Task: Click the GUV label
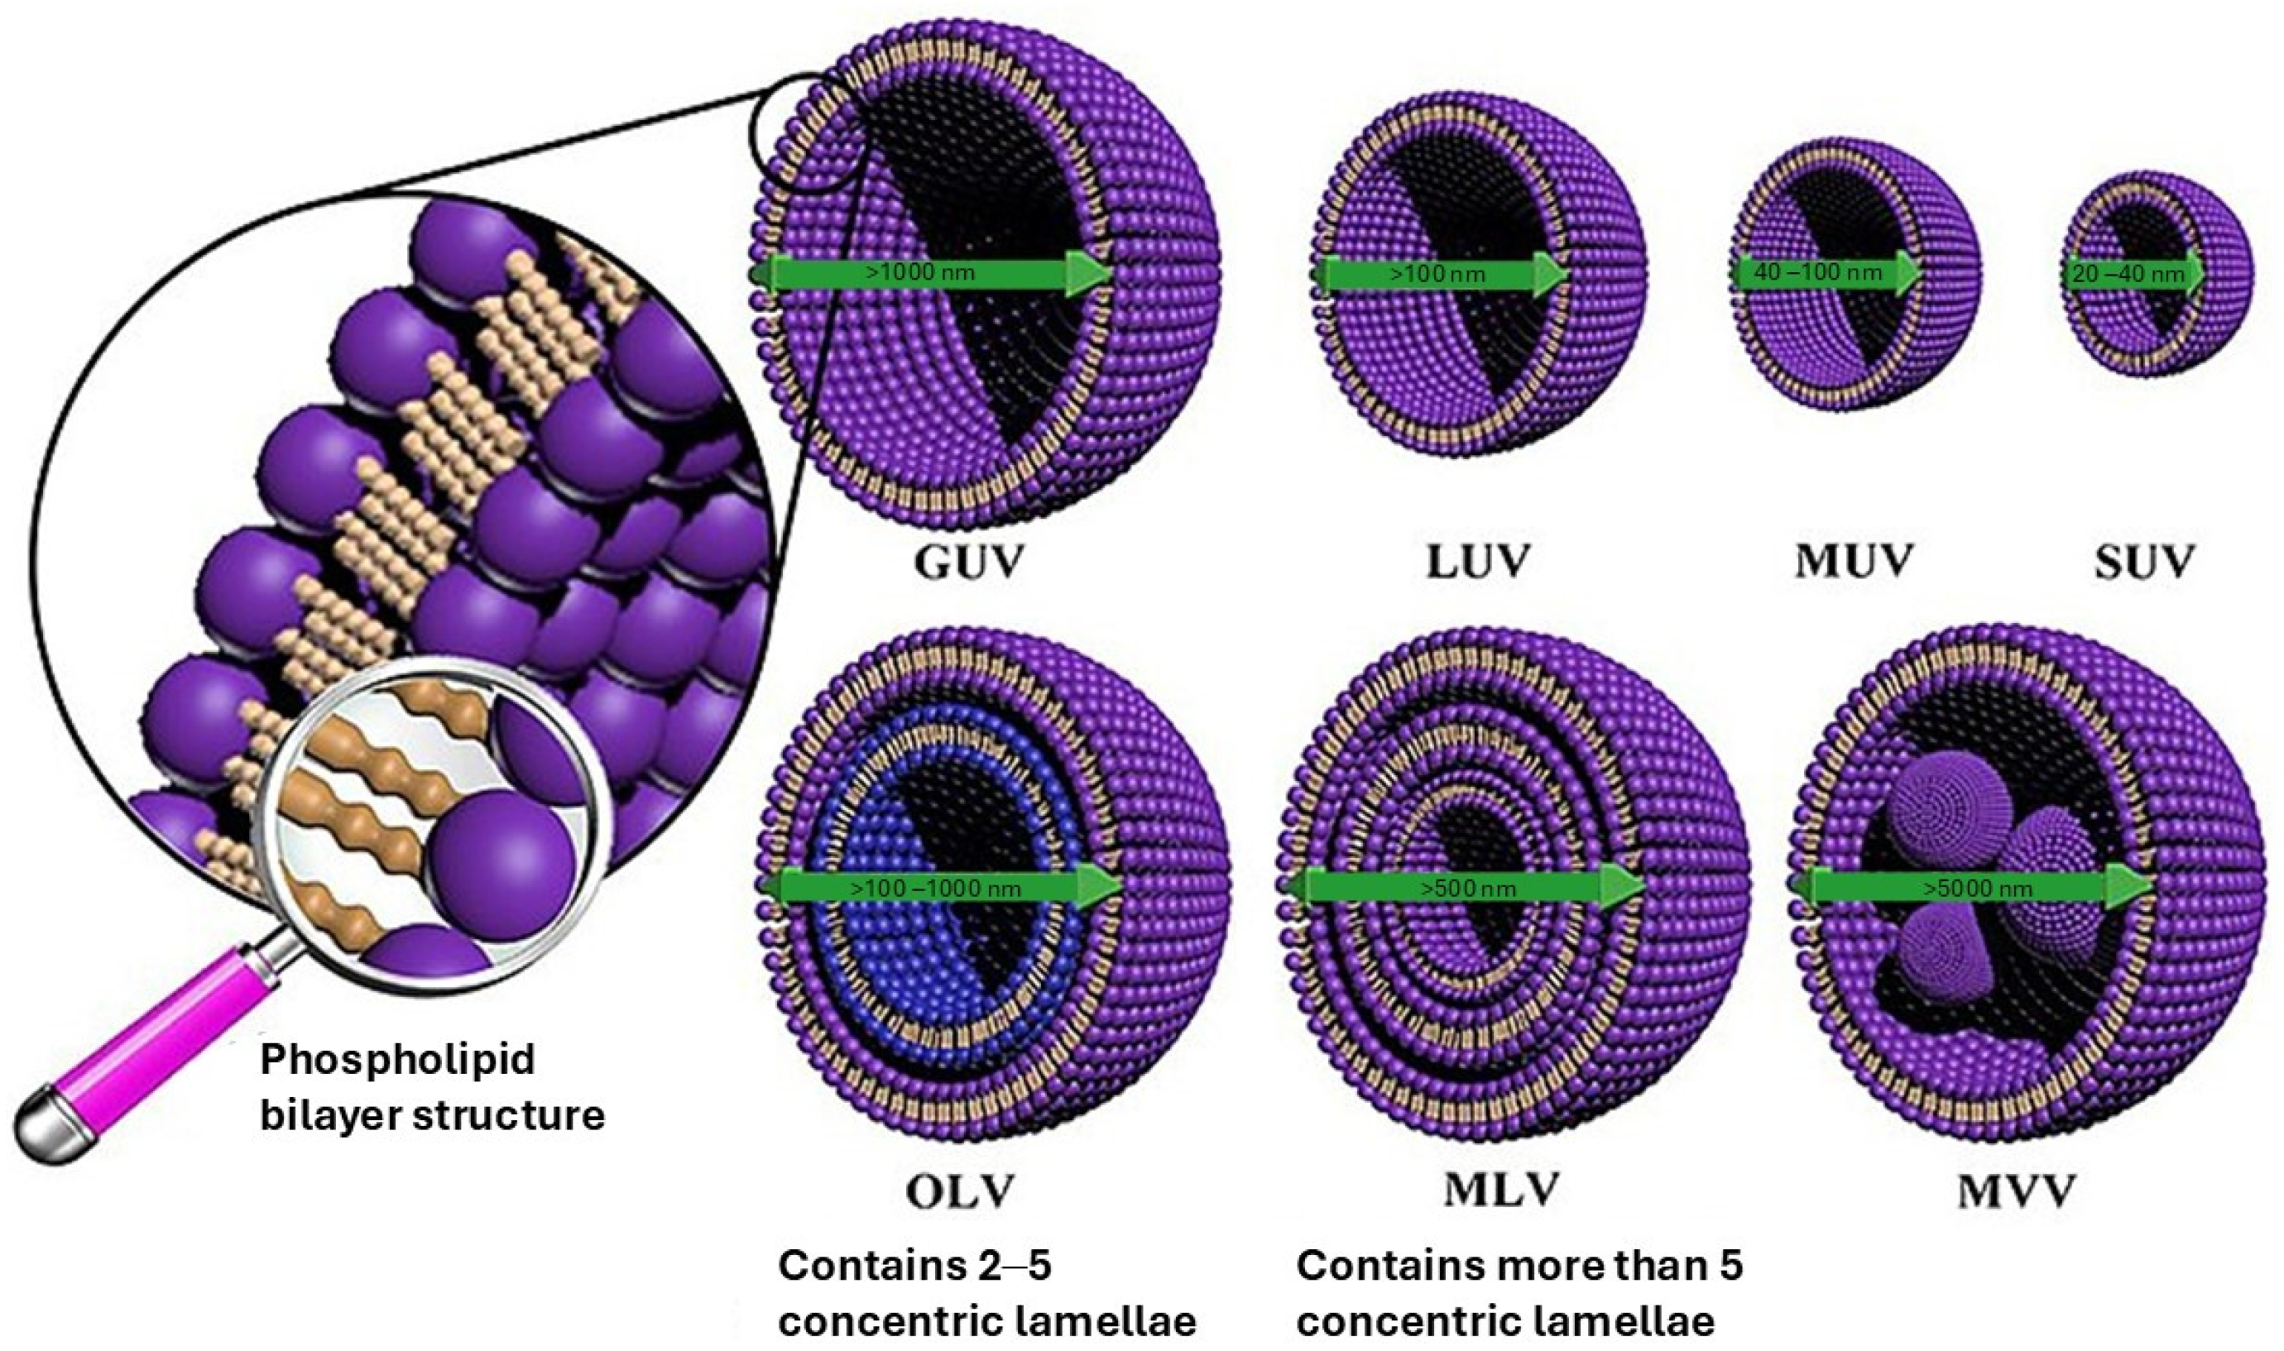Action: pyautogui.click(x=968, y=561)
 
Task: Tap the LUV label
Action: pyautogui.click(x=1476, y=561)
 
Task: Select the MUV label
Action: pyautogui.click(x=1854, y=561)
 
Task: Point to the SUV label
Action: pyautogui.click(x=2144, y=563)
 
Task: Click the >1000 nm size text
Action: pyautogui.click(x=921, y=272)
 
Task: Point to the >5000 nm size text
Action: pyautogui.click(x=1977, y=889)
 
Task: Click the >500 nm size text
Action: pyautogui.click(x=1468, y=889)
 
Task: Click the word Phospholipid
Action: pyautogui.click(x=398, y=1061)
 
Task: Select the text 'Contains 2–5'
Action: pyautogui.click(x=915, y=1266)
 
